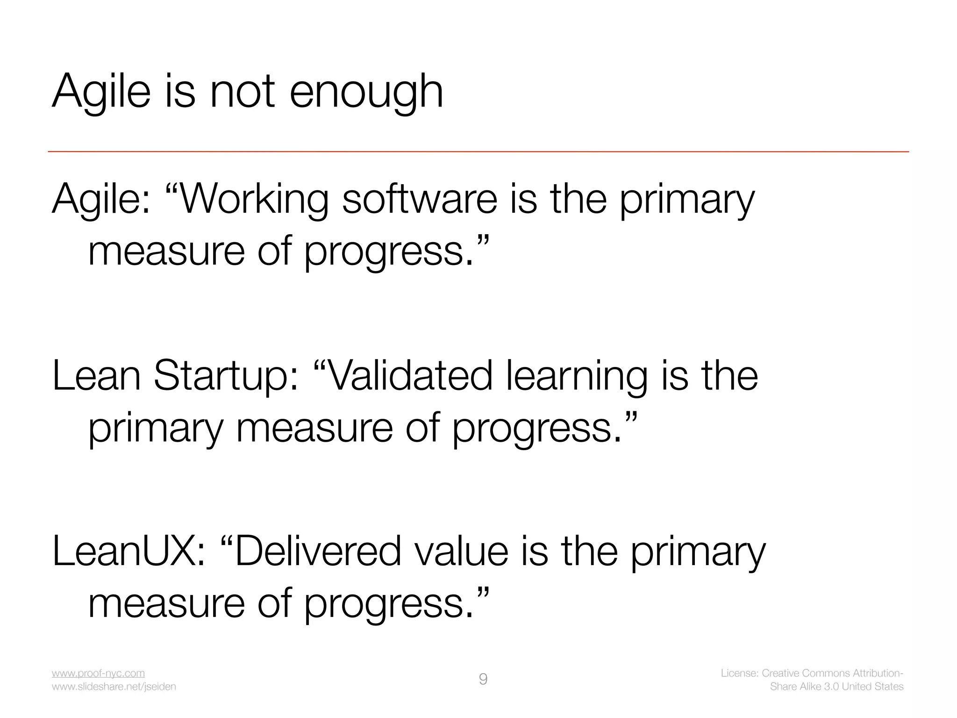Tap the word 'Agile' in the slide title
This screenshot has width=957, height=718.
[101, 93]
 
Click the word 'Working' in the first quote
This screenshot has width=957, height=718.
[254, 200]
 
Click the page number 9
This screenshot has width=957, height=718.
[483, 679]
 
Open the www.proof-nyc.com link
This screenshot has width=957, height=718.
[98, 673]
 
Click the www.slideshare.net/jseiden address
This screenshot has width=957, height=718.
[114, 687]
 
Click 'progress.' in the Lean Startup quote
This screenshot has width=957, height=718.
[536, 429]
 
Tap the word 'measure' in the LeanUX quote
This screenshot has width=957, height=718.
[166, 604]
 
